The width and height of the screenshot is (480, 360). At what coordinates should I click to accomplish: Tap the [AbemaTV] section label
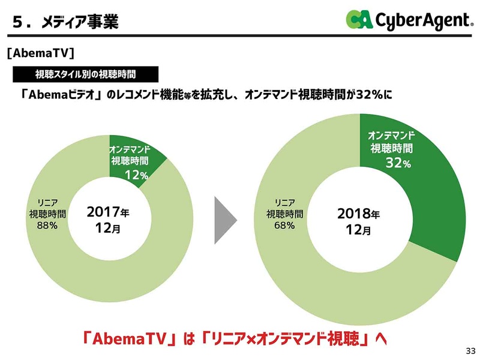click(x=40, y=53)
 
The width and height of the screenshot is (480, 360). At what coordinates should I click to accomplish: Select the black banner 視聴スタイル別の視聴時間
click(x=85, y=74)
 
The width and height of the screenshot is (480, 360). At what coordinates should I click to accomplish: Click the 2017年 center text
click(x=107, y=213)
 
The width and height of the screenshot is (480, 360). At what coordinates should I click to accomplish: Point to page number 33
click(x=469, y=350)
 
